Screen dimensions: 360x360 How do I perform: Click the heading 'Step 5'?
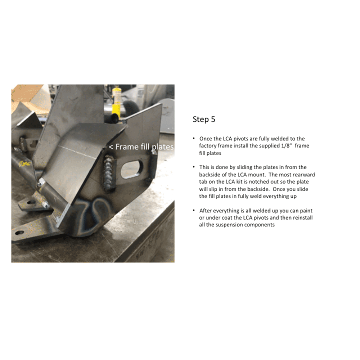(204, 120)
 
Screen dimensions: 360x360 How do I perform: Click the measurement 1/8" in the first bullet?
(289, 146)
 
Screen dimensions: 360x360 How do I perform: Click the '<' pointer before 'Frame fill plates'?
(111, 147)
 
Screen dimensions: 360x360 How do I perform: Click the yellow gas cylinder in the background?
(116, 99)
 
